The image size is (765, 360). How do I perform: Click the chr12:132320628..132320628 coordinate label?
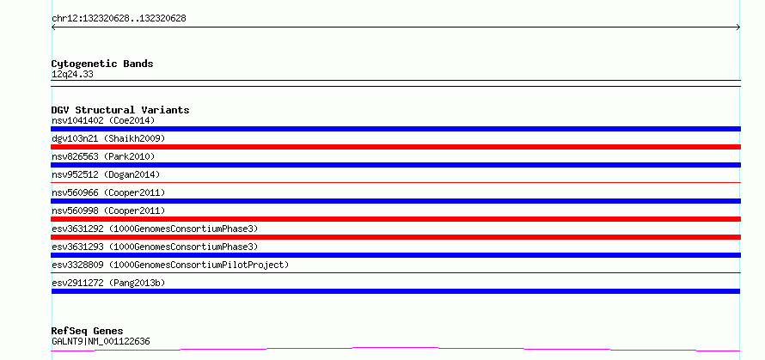(x=119, y=19)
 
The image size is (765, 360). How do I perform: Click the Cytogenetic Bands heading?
(x=102, y=64)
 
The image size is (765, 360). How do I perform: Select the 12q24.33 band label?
(x=72, y=75)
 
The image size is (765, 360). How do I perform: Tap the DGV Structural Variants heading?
(x=120, y=110)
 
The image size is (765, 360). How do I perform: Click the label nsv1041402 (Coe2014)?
(x=103, y=120)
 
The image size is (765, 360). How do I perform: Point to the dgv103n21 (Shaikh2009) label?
(x=108, y=138)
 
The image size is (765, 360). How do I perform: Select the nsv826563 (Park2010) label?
(x=103, y=156)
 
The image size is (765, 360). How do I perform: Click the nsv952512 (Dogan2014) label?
(x=106, y=174)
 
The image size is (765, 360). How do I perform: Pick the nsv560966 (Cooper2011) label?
(x=108, y=192)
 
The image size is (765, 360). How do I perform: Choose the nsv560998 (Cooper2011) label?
(x=108, y=211)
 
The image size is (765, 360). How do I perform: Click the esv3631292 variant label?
(x=155, y=229)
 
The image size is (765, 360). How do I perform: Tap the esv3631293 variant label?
(x=155, y=247)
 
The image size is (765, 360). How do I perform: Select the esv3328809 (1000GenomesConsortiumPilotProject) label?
(x=170, y=265)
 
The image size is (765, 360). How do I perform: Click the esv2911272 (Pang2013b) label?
(x=108, y=283)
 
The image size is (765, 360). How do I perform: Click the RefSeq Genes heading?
(x=88, y=331)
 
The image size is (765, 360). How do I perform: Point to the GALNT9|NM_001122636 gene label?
(x=101, y=341)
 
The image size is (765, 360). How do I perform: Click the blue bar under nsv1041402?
(x=395, y=129)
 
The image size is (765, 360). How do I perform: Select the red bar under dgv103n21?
(x=395, y=147)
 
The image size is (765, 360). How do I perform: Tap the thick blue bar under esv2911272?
(x=395, y=291)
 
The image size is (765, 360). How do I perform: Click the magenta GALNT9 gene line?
(x=395, y=348)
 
